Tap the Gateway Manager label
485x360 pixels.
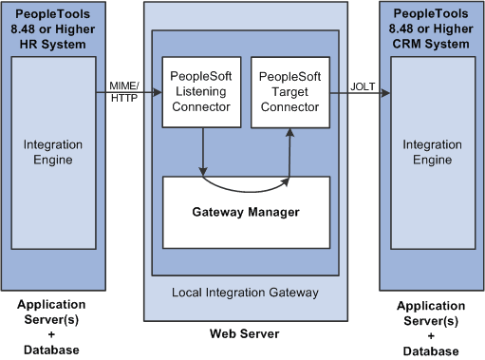[246, 212]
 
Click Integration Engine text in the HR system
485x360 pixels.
[52, 151]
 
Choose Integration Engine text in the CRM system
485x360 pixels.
[432, 151]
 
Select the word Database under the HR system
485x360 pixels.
[51, 351]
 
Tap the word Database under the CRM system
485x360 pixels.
[432, 351]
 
